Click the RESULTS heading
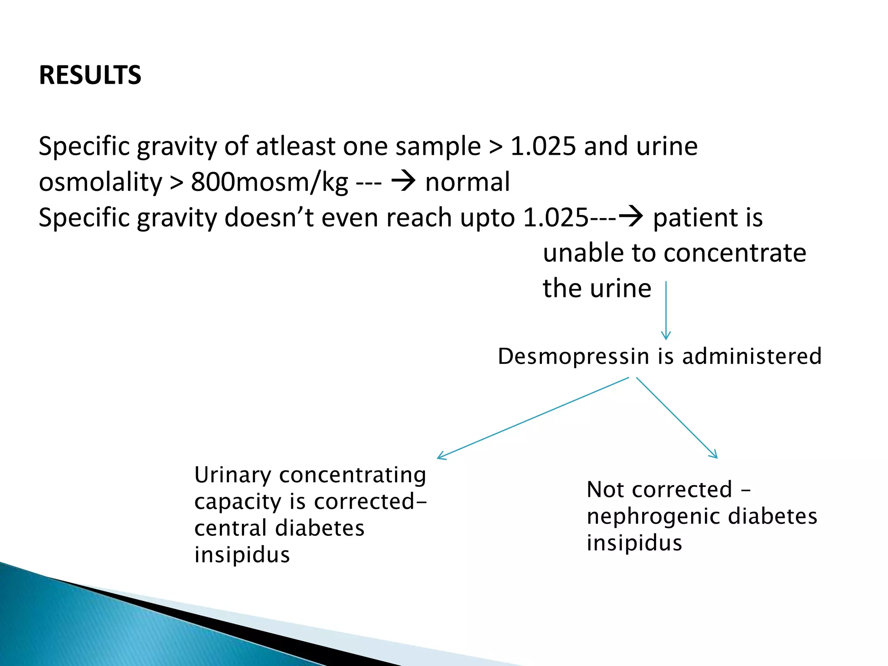point(90,75)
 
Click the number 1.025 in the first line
point(543,146)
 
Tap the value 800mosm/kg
point(269,182)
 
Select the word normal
point(467,182)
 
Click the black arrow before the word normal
point(403,181)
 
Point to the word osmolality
point(100,182)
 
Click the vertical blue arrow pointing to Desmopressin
point(666,310)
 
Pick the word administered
point(752,356)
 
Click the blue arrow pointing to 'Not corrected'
point(676,418)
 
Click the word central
point(230,528)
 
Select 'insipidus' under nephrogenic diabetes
point(634,543)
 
